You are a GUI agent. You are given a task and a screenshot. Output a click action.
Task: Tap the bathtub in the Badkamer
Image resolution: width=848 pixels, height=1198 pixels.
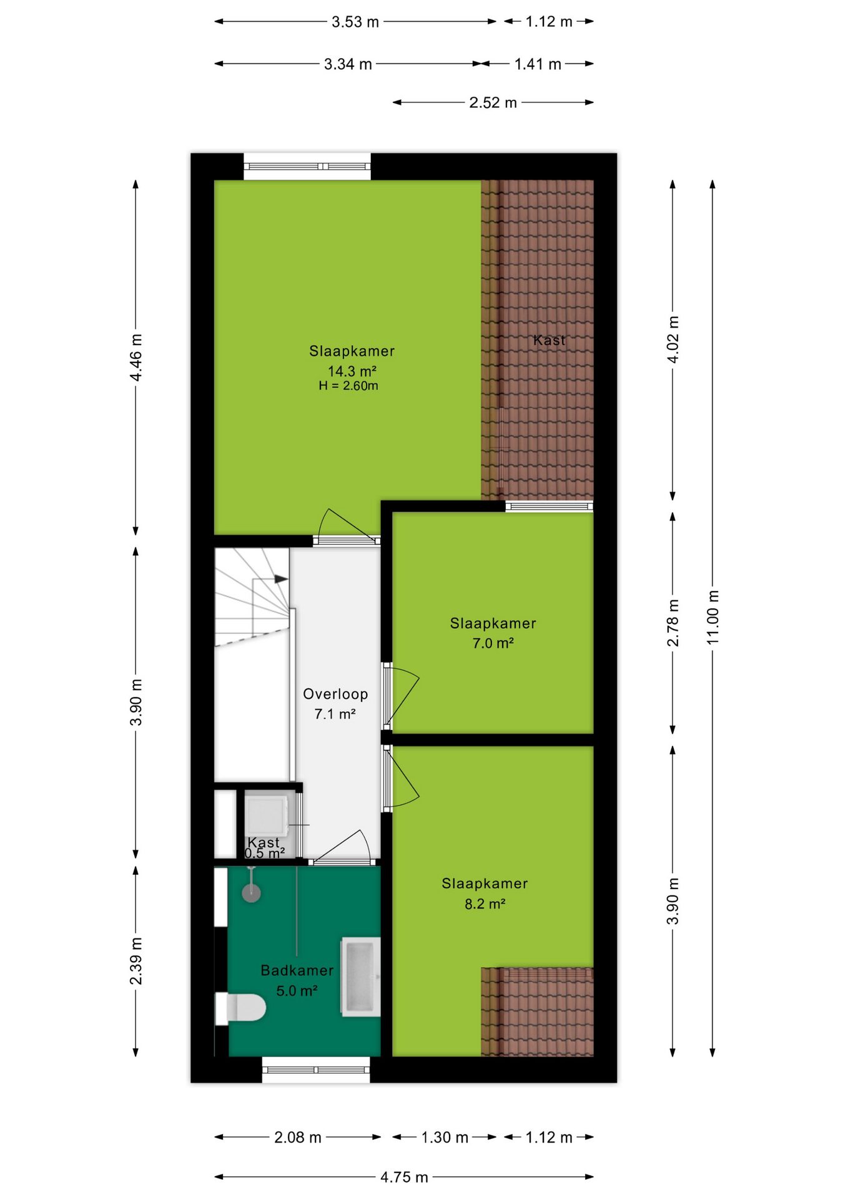pyautogui.click(x=360, y=976)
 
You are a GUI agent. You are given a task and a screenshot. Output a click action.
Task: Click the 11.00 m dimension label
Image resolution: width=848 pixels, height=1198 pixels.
pyautogui.click(x=712, y=617)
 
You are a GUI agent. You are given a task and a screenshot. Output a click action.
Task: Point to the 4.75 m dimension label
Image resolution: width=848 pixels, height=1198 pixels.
pyautogui.click(x=404, y=1177)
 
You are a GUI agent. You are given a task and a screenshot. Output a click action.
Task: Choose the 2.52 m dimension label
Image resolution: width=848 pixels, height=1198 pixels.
pyautogui.click(x=493, y=102)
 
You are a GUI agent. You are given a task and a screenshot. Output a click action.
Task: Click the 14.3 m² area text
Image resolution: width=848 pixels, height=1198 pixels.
pyautogui.click(x=352, y=371)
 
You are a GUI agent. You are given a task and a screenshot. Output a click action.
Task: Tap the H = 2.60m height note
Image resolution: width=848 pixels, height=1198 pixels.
pyautogui.click(x=348, y=386)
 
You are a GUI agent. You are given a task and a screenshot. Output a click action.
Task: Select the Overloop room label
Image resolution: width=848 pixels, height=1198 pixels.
pyautogui.click(x=335, y=694)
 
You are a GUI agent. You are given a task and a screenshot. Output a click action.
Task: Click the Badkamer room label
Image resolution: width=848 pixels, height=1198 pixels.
pyautogui.click(x=297, y=970)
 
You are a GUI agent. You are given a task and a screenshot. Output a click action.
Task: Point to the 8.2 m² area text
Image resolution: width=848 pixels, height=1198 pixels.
pyautogui.click(x=485, y=903)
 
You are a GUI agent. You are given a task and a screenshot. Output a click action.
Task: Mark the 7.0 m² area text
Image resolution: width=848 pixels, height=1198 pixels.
pyautogui.click(x=493, y=643)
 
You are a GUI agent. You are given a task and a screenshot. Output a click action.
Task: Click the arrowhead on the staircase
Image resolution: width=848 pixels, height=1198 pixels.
pyautogui.click(x=282, y=579)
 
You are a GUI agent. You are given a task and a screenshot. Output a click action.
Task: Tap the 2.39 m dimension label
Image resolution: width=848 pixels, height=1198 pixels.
pyautogui.click(x=136, y=961)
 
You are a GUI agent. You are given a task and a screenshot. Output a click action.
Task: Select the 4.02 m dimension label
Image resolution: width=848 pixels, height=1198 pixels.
pyautogui.click(x=673, y=339)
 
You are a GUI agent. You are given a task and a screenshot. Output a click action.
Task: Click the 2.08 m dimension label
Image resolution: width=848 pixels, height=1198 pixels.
pyautogui.click(x=298, y=1137)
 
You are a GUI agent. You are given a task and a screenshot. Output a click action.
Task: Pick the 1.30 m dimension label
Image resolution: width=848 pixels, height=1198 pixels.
pyautogui.click(x=445, y=1137)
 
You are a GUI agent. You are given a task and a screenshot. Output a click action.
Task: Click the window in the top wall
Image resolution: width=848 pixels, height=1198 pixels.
pyautogui.click(x=307, y=167)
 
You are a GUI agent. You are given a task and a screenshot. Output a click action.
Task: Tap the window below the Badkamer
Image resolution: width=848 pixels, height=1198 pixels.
pyautogui.click(x=316, y=1069)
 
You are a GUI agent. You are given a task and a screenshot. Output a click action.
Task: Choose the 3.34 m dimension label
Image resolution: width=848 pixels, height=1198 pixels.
pyautogui.click(x=348, y=64)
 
